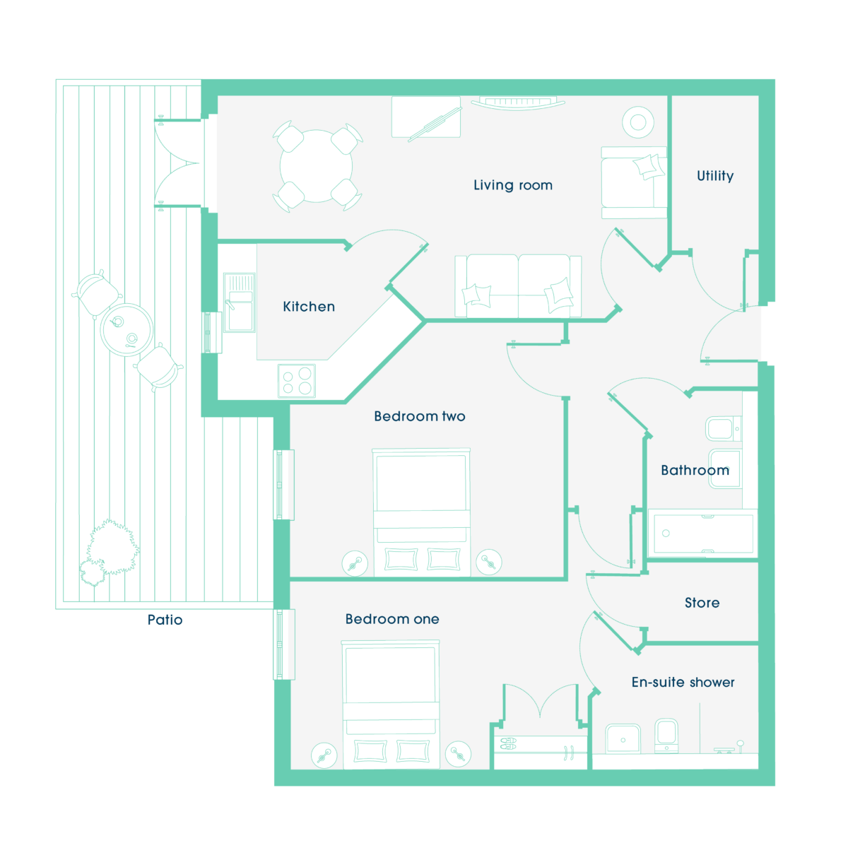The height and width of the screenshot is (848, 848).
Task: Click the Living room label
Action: point(512,185)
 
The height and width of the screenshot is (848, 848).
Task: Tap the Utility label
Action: point(715,175)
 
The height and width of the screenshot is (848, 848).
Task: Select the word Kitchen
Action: point(309,306)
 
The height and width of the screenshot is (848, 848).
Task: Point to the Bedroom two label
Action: point(419,416)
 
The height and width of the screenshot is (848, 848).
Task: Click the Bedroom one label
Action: point(392,619)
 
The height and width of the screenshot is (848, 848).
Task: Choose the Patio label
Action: point(165,620)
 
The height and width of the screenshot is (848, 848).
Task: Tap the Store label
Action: point(702,603)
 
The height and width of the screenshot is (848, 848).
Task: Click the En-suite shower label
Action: point(683,682)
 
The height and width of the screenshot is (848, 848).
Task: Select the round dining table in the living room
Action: point(316,166)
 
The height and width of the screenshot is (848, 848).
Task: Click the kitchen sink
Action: point(240,302)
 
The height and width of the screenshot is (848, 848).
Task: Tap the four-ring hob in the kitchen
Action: point(297,381)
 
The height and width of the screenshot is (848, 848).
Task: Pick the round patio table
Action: point(126,329)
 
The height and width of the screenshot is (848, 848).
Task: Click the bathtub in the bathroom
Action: point(702,534)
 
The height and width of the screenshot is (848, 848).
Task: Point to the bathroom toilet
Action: point(724,429)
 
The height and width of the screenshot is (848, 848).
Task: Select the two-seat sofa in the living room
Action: point(518,286)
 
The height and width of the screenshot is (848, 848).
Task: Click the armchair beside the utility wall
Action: point(634,182)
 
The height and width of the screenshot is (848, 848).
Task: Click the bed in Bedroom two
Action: point(421,512)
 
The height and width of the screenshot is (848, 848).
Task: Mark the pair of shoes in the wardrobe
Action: point(508,743)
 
